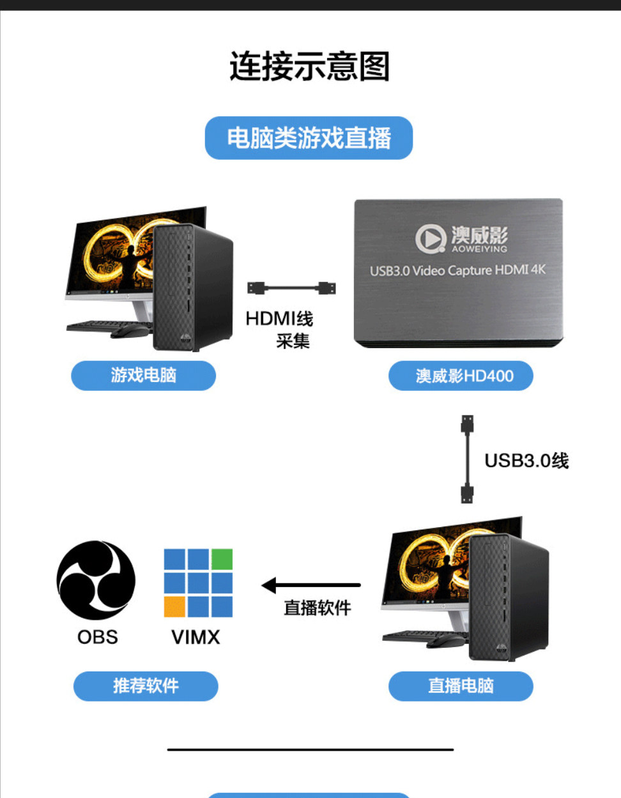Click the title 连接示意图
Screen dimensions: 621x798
[x=310, y=66]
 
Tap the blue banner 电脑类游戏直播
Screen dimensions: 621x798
[x=309, y=138]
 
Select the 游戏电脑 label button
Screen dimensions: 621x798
[x=143, y=376]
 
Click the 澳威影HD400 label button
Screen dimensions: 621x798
[x=461, y=376]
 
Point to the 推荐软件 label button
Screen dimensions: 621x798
[x=146, y=686]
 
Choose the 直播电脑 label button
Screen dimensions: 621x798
[x=461, y=686]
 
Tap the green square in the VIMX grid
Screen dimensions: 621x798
[x=222, y=559]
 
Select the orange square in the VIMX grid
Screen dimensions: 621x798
[x=174, y=607]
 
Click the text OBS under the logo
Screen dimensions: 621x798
[x=98, y=637]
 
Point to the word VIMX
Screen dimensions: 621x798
[x=195, y=637]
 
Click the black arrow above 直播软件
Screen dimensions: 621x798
[x=311, y=585]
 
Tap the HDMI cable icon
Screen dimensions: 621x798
[x=291, y=288]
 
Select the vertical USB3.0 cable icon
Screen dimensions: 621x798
[x=467, y=459]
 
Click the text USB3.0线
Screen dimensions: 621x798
[x=526, y=461]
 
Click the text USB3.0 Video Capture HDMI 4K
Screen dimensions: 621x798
[x=457, y=271]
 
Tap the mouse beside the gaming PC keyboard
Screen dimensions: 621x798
[x=128, y=331]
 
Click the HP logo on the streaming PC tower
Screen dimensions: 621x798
[x=502, y=648]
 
